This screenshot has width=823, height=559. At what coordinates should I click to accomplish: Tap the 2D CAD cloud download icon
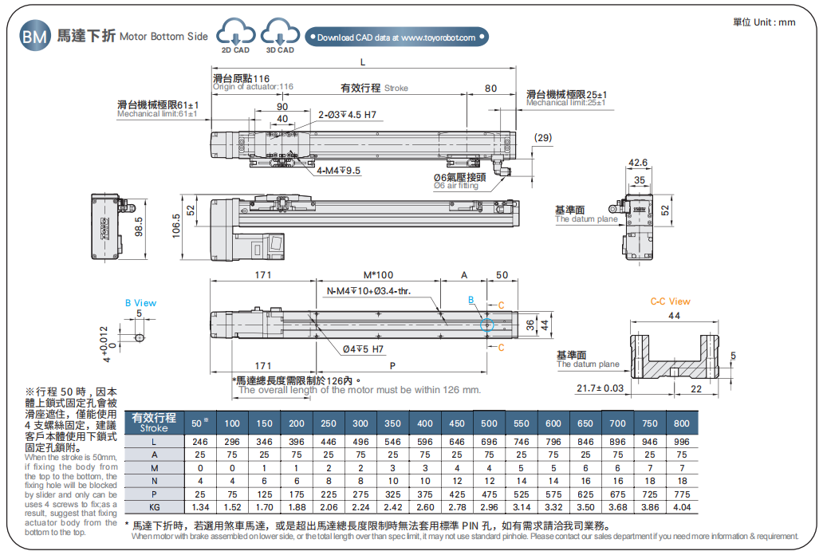point(234,34)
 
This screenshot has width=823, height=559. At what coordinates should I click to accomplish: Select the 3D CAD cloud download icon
point(280,34)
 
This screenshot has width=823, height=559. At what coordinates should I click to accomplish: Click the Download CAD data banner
point(396,37)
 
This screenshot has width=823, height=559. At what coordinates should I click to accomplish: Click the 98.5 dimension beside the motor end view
point(139,226)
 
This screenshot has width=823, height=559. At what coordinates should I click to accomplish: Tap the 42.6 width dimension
point(638,163)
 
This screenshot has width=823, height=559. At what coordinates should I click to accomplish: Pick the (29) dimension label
point(542,138)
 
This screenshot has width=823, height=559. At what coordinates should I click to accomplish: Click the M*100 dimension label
point(378,275)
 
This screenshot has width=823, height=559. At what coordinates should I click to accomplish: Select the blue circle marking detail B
point(486,325)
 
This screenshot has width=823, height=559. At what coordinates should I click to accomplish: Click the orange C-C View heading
point(670,301)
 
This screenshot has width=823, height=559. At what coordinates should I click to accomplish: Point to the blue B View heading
point(140,303)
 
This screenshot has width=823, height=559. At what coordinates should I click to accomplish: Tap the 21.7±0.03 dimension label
point(599,388)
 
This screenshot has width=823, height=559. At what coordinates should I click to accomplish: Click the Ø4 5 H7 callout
point(363,349)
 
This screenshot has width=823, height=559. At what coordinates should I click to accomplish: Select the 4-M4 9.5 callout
point(338,171)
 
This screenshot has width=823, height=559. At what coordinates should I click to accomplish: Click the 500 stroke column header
point(489,423)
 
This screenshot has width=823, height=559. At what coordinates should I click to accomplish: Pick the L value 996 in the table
point(681,442)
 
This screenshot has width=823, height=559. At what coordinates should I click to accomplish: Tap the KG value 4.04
point(681,507)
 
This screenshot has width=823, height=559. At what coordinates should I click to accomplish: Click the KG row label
point(155,507)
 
